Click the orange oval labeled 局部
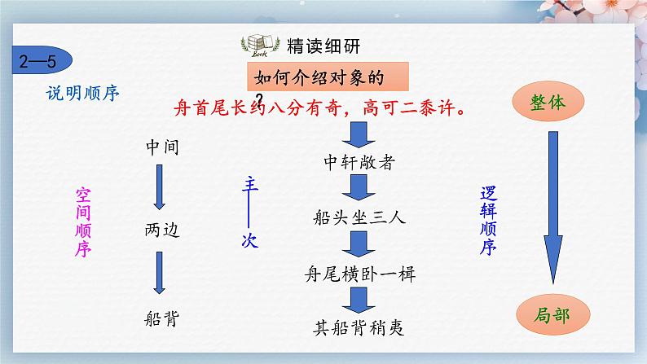click(552, 312)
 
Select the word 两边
click(161, 230)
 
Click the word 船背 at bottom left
click(161, 318)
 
